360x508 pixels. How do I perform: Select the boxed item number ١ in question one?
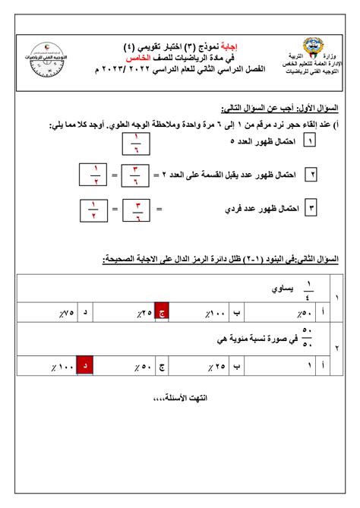click(310, 142)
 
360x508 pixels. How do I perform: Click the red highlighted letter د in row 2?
click(86, 367)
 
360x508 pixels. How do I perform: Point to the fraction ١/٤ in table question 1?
click(308, 287)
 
